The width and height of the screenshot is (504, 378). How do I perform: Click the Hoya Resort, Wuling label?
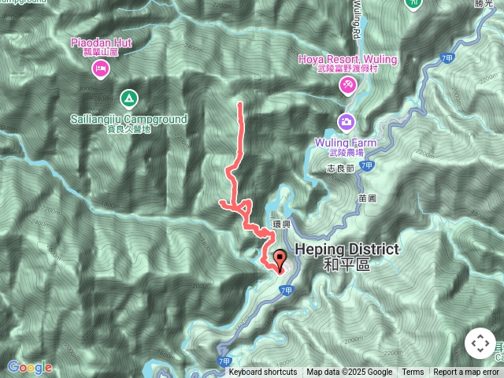[347, 60]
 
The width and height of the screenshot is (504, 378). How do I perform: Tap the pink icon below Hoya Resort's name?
[347, 84]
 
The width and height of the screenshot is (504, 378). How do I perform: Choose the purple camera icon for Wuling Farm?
[346, 122]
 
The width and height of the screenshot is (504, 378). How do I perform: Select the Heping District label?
[346, 250]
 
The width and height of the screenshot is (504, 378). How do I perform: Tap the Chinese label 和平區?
[346, 265]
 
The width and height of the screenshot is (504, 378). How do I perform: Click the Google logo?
[29, 367]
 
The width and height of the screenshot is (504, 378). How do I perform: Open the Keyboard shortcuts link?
[263, 372]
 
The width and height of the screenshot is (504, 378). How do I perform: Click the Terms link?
[413, 372]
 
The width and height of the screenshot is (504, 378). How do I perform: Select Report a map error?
[466, 372]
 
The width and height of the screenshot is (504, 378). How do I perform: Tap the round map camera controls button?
[480, 343]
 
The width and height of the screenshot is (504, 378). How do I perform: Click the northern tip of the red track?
[239, 103]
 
